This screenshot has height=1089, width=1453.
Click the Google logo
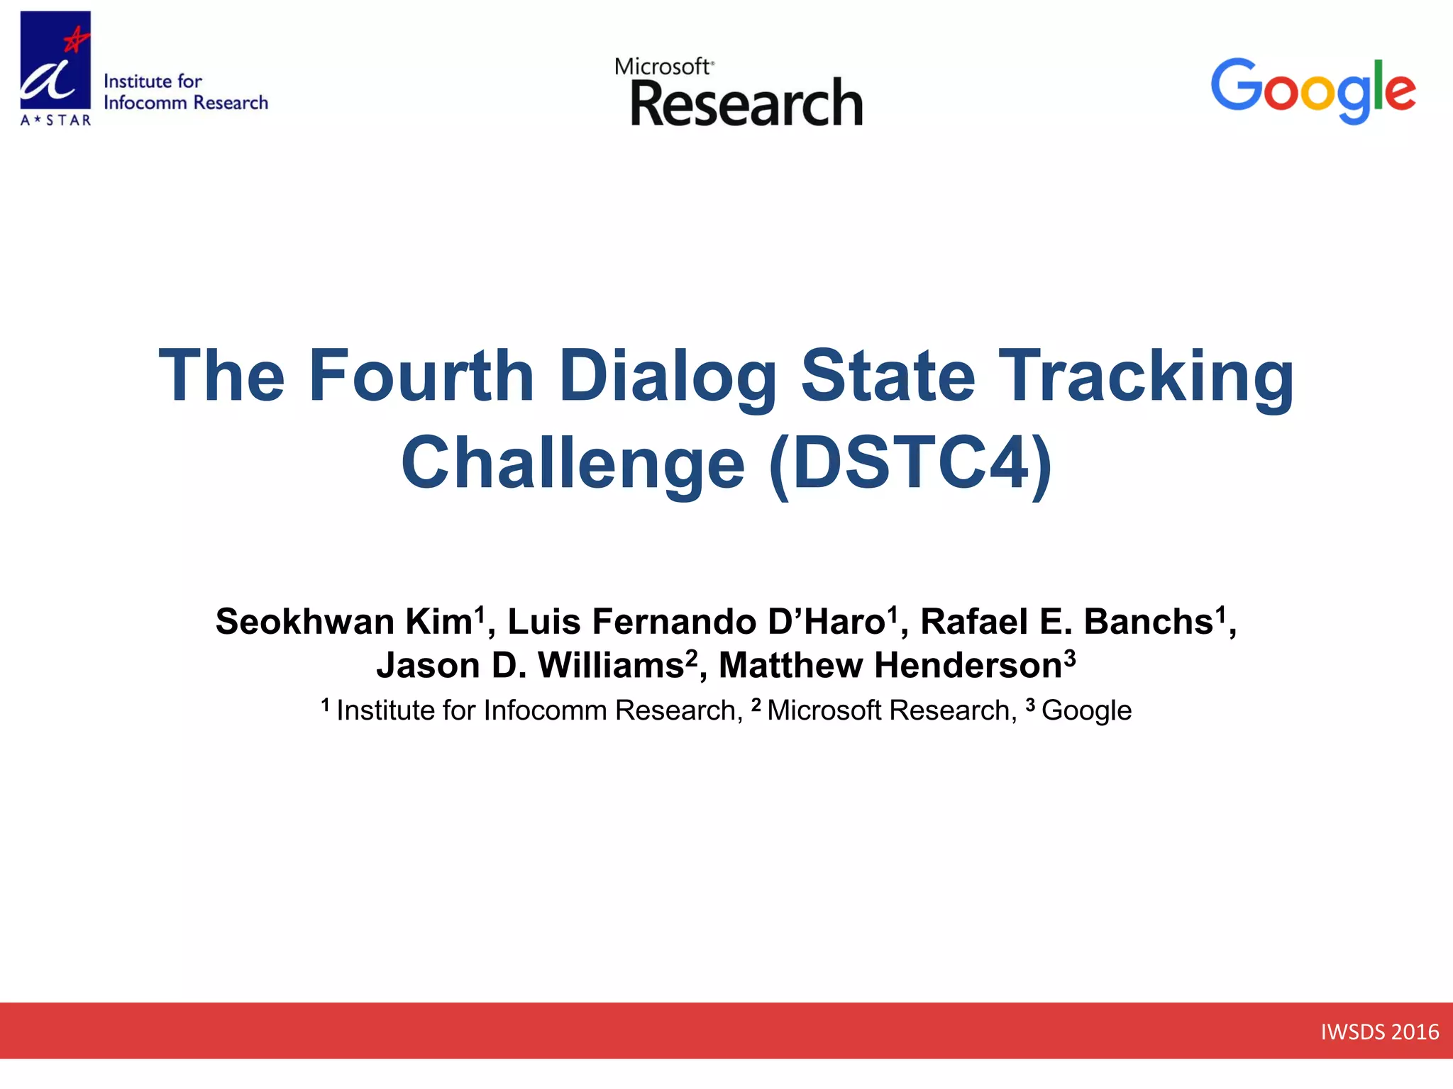tap(1313, 90)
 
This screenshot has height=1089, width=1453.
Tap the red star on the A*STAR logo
tap(75, 40)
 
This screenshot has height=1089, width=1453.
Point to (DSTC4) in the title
tap(910, 464)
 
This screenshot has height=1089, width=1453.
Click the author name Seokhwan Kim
tap(345, 622)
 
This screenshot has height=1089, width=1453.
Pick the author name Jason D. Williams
tap(530, 666)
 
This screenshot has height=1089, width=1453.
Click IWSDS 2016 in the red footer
tap(1379, 1032)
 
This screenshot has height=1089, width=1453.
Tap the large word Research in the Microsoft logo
tap(746, 104)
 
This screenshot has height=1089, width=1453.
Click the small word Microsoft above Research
tap(662, 67)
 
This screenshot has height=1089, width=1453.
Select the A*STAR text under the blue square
tap(56, 121)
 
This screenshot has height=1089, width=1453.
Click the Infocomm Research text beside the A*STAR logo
tap(186, 103)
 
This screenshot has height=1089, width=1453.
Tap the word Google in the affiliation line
tap(1086, 710)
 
